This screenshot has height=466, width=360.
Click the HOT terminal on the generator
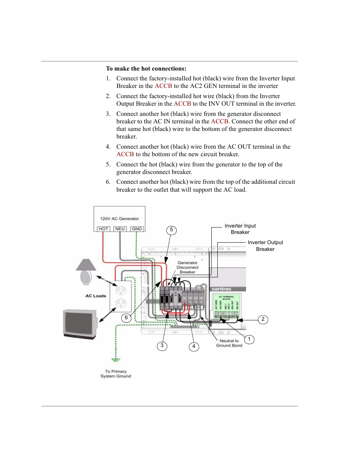click(103, 229)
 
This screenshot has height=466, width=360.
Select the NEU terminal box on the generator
click(120, 229)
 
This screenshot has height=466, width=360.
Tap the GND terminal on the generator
click(137, 229)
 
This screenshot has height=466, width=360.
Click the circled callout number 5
click(171, 230)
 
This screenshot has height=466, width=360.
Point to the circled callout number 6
click(126, 318)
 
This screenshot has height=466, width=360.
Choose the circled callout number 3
click(162, 346)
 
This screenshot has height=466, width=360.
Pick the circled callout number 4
click(194, 346)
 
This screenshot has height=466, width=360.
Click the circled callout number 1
click(249, 339)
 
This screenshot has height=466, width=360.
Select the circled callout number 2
click(263, 319)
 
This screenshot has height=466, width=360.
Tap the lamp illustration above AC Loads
click(86, 271)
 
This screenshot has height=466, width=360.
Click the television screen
click(80, 323)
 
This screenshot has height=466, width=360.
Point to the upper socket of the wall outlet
click(121, 291)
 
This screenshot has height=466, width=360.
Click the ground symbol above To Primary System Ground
click(116, 359)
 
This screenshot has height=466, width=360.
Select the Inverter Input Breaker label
click(240, 229)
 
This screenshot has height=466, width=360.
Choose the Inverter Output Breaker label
click(265, 246)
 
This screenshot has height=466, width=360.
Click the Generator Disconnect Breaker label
click(188, 267)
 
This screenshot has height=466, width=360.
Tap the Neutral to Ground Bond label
click(229, 343)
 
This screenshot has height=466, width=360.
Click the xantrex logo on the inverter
click(222, 289)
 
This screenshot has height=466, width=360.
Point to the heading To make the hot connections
click(146, 69)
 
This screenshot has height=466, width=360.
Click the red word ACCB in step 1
click(163, 86)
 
